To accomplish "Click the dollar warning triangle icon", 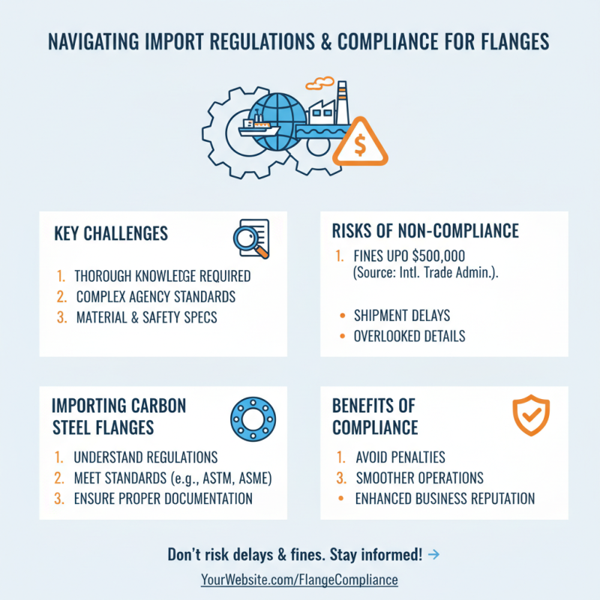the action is pos(360,143).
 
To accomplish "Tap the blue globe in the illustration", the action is pos(278,121).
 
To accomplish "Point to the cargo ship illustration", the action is pos(259,127).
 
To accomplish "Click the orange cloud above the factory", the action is pos(319,82).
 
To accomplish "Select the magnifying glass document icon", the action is pos(251,238).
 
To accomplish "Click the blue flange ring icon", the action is pos(253,418).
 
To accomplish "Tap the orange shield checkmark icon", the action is pos(531,415).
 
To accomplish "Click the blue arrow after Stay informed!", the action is pos(433,554).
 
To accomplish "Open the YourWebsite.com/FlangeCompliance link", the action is pos(299,580).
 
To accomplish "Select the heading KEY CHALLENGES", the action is pos(111,233).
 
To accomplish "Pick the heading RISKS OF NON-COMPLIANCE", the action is pos(425,231).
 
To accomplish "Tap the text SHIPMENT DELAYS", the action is pos(402,315).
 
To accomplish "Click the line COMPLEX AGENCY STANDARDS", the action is pos(156,296).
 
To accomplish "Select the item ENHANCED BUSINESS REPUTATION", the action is pos(445,499).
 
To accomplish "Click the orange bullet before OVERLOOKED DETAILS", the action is pos(342,336).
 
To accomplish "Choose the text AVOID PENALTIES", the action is pos(400,457).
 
